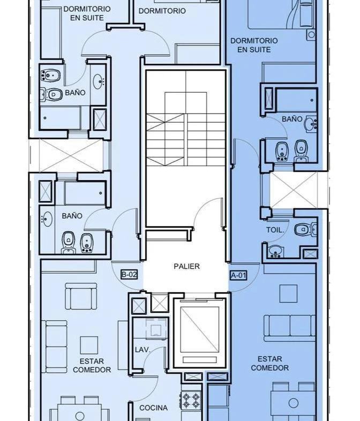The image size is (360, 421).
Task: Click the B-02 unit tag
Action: coord(129,275)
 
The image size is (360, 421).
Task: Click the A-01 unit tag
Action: coord(238,275)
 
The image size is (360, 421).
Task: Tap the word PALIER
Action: coord(187,267)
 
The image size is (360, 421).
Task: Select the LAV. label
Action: coord(142,350)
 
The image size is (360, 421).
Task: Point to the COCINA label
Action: coord(153,408)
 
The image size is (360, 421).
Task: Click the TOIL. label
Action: coord(275,230)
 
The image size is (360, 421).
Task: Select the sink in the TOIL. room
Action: coord(275,250)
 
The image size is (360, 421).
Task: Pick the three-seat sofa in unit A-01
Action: coord(289,328)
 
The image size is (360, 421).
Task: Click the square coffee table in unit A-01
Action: coord(288,294)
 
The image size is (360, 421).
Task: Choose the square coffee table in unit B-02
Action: coord(89,345)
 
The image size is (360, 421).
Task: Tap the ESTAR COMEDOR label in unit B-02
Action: coord(92,365)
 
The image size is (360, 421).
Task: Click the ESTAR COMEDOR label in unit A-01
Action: coord(270,363)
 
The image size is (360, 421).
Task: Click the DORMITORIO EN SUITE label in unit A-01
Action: coord(254,45)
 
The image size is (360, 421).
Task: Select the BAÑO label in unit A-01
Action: coord(292,119)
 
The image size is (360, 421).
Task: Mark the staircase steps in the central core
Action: coord(186,139)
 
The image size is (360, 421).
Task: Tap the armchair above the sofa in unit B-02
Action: coord(81,297)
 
